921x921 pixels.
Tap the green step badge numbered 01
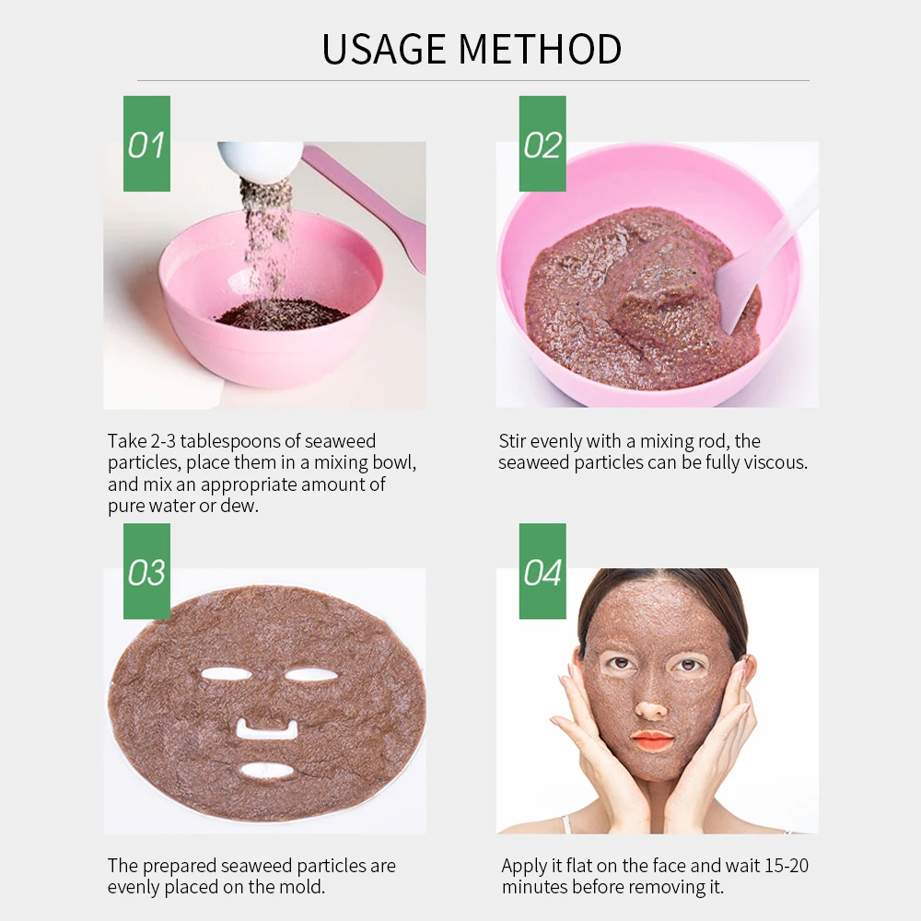[x=146, y=144]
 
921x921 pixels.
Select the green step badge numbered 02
[x=542, y=144]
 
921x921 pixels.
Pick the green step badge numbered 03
[x=146, y=571]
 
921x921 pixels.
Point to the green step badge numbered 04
[x=542, y=571]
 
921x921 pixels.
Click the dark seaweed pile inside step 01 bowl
[x=281, y=314]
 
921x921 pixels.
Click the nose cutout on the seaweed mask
[x=265, y=730]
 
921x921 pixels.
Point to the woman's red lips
[x=652, y=740]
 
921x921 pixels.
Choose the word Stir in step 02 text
[x=515, y=441]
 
